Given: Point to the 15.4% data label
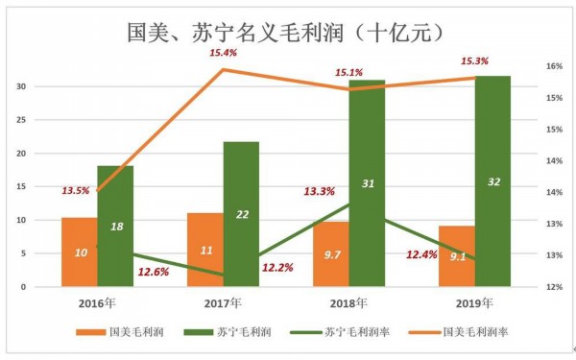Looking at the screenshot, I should tap(224, 53).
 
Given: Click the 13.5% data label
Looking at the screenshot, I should tap(75, 190).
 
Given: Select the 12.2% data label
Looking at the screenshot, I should tap(277, 268).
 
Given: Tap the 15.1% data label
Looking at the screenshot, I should tap(348, 72).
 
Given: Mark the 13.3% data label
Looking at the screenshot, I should tap(319, 191).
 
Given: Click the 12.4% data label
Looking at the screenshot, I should tap(423, 255).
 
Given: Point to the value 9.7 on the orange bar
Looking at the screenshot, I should tap(331, 256).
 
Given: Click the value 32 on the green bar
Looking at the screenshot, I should tap(493, 182).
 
